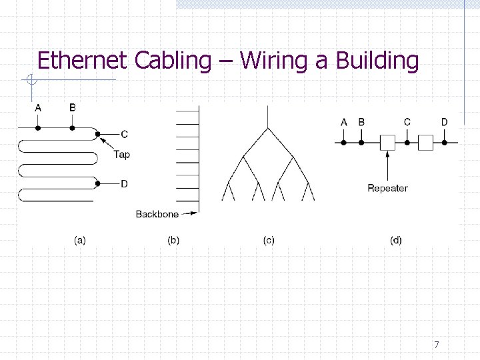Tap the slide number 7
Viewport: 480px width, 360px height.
(x=437, y=345)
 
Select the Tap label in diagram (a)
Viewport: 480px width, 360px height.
(x=121, y=155)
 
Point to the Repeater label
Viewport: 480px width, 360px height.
(x=387, y=188)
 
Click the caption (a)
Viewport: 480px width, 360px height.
(x=79, y=240)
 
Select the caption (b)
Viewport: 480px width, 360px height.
(x=173, y=240)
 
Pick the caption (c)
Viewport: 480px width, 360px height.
(x=268, y=240)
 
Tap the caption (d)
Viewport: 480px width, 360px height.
(x=396, y=240)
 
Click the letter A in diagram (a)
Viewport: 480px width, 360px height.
(x=37, y=107)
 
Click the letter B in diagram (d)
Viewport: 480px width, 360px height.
(x=361, y=122)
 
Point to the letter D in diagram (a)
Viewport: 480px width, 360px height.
(x=124, y=184)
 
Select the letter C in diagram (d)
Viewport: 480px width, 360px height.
(x=407, y=122)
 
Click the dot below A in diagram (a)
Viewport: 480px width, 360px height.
(x=37, y=127)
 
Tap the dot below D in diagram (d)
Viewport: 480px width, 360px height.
(x=445, y=142)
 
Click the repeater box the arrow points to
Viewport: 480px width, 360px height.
(x=387, y=142)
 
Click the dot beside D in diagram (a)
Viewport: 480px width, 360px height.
(x=99, y=183)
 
